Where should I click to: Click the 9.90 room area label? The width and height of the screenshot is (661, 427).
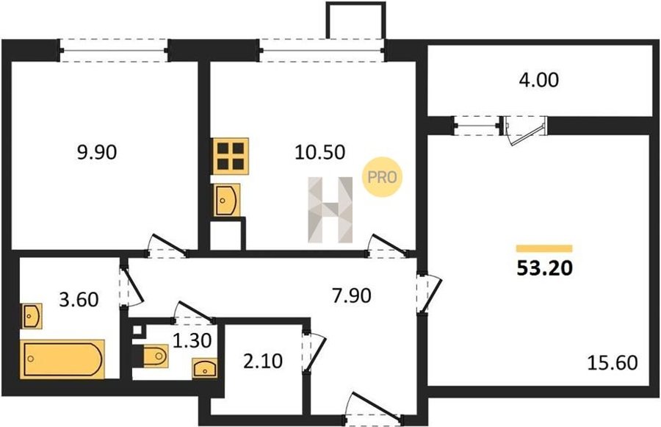[x=97, y=152]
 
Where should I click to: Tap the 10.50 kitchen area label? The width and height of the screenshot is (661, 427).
[x=320, y=152]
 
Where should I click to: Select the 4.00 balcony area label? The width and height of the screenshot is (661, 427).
[x=539, y=80]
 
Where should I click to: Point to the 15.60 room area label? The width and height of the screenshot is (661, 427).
[x=613, y=362]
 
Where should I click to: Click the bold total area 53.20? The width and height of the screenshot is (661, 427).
[x=545, y=268]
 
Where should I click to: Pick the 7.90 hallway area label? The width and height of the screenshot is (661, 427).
[x=352, y=295]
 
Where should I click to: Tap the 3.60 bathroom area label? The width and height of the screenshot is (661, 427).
[x=79, y=300]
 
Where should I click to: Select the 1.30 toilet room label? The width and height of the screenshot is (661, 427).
[x=192, y=340]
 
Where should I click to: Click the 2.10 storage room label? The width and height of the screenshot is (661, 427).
[x=263, y=361]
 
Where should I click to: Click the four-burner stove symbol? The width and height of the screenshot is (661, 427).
[x=231, y=156]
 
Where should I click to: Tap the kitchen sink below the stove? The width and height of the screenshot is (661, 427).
[x=227, y=200]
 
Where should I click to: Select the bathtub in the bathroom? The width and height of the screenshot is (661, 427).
[x=62, y=359]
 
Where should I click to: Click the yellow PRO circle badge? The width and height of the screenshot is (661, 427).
[x=383, y=177]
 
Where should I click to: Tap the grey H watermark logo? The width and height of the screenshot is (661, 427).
[x=330, y=209]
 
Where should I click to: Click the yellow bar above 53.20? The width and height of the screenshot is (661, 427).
[x=544, y=248]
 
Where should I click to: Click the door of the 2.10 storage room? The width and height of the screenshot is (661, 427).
[x=314, y=352]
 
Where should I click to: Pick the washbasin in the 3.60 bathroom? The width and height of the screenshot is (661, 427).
[x=31, y=315]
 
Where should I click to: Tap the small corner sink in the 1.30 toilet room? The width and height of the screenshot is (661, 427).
[x=205, y=367]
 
